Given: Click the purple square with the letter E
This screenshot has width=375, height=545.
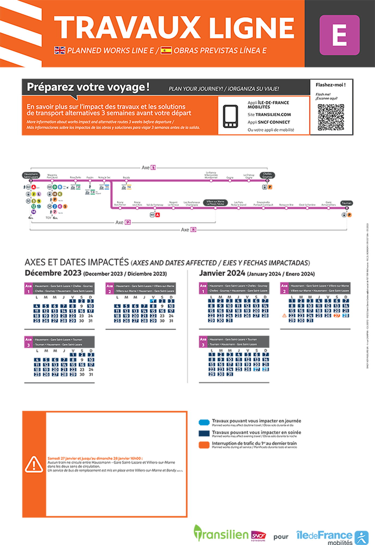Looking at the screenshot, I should click(339, 35).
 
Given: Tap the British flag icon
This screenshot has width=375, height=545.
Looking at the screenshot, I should click(60, 50).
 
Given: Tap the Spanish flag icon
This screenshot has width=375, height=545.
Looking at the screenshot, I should click(166, 50).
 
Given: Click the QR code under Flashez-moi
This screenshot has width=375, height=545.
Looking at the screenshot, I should click(331, 117).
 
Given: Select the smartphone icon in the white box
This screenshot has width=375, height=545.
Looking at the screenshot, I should click(230, 117).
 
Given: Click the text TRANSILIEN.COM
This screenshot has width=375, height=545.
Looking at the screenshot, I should click(273, 115).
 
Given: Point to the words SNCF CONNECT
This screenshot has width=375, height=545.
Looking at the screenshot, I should click(274, 122).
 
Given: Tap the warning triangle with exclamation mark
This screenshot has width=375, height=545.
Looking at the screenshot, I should click(34, 465).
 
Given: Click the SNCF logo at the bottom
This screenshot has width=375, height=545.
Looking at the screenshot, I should click(258, 536).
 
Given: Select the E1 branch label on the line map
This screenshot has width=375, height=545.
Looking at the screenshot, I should click(153, 168).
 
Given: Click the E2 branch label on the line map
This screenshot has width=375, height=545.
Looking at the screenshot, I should click(127, 222).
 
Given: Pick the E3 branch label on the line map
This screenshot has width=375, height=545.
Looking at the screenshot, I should click(193, 229).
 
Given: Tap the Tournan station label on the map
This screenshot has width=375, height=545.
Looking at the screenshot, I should click(346, 203).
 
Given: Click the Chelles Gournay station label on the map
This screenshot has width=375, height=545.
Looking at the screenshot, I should click(267, 175).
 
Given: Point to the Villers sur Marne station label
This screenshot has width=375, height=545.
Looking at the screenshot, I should click(215, 202).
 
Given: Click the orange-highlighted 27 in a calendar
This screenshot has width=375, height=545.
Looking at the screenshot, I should click(337, 316).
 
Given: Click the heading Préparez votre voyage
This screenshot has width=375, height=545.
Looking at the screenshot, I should click(88, 87).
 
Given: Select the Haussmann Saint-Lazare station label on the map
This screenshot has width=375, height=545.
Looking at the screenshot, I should click(31, 175).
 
